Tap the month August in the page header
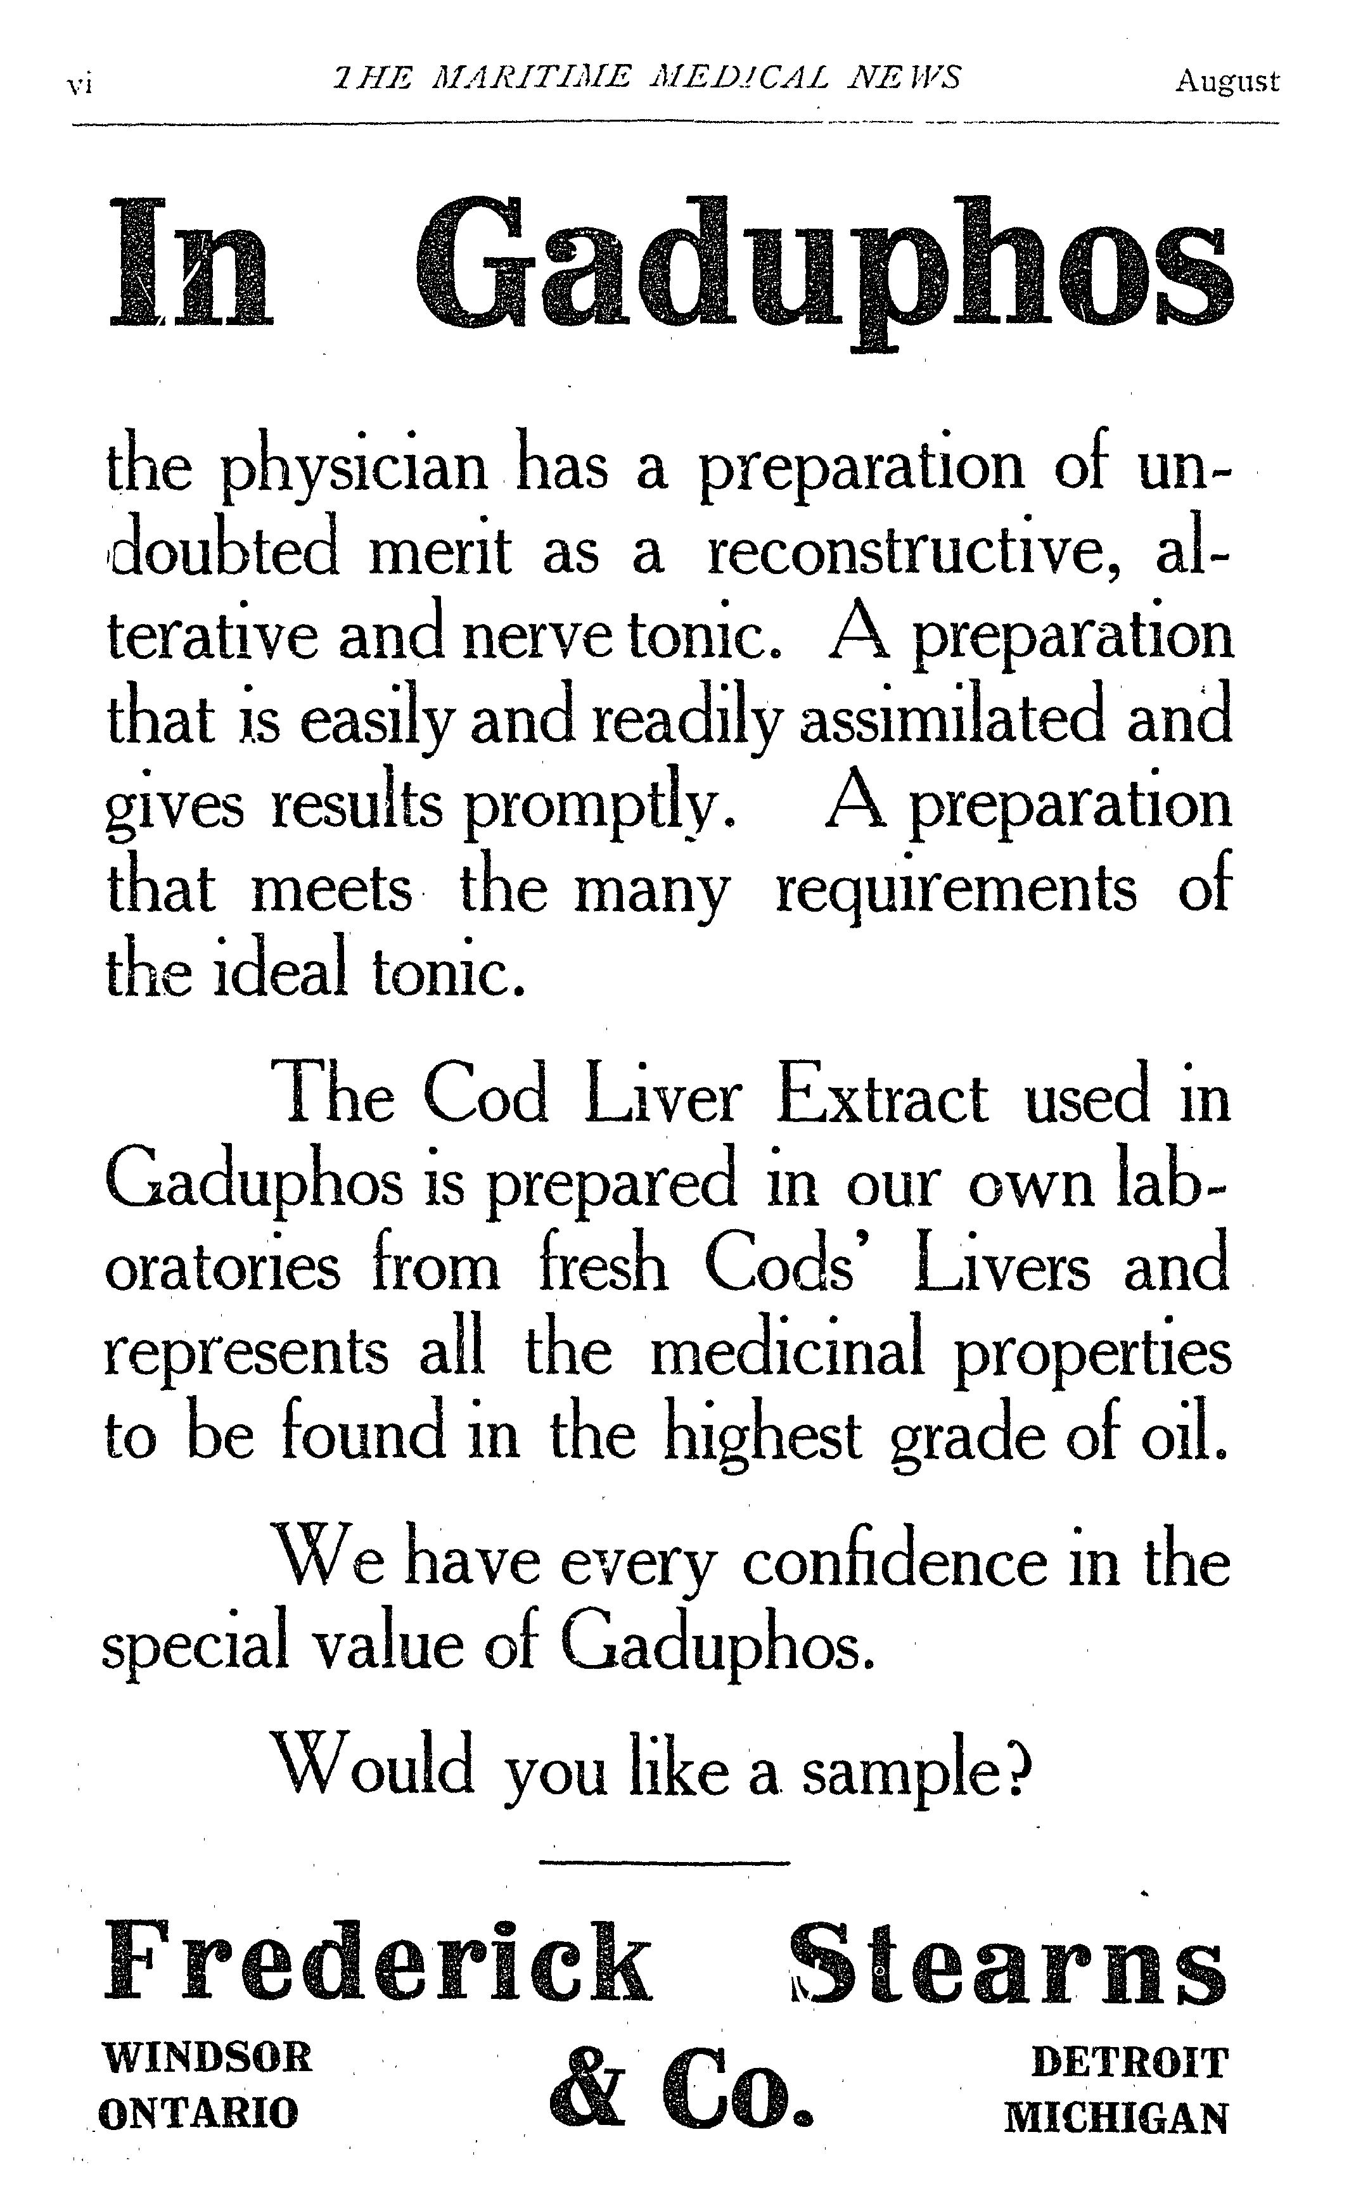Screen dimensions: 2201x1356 point(1227,82)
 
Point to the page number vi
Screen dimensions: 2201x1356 point(80,85)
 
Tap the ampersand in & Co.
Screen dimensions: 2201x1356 point(587,2091)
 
